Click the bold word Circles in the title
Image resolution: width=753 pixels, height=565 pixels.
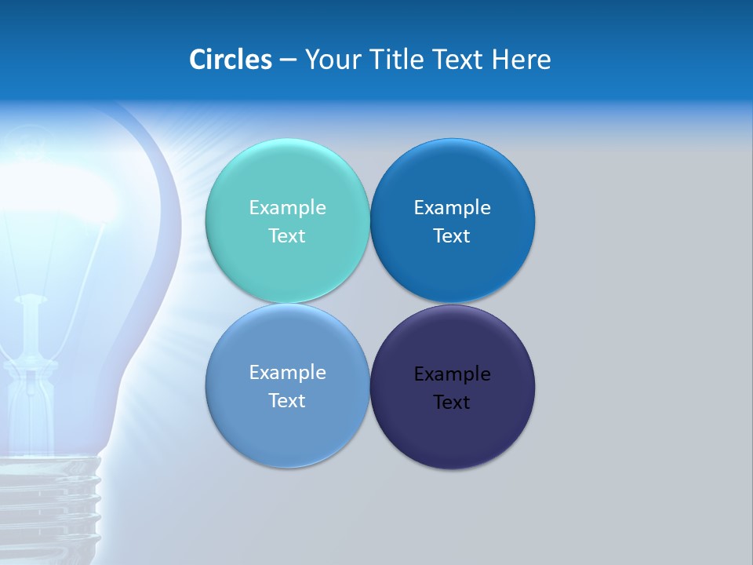click(x=231, y=60)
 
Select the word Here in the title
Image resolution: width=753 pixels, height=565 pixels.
click(x=522, y=60)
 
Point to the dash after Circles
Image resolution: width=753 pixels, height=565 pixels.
click(x=288, y=60)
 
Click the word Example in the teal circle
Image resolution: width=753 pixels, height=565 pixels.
click(x=287, y=208)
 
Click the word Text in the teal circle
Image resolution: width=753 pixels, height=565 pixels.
click(x=287, y=236)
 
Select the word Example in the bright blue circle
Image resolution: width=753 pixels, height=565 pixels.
click(x=452, y=208)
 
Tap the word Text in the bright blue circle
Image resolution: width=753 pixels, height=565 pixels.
click(x=452, y=236)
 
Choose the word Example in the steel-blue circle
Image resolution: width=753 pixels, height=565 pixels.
click(x=287, y=373)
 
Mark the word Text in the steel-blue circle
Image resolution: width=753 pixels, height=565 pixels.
click(x=287, y=401)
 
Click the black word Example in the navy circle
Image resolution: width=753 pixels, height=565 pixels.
click(x=452, y=374)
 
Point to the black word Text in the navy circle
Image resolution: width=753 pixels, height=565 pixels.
click(x=452, y=403)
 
